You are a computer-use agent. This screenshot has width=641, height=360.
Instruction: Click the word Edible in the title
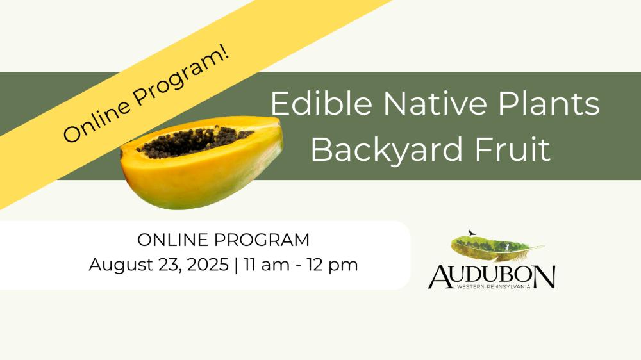(x=321, y=103)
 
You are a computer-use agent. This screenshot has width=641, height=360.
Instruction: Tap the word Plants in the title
(x=549, y=103)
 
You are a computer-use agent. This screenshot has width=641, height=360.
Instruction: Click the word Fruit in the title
(x=512, y=149)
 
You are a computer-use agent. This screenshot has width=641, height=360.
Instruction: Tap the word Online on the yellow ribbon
(x=97, y=120)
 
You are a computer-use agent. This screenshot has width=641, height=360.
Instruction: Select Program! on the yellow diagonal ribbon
(x=182, y=77)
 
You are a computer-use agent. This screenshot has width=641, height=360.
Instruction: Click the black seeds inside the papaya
(x=196, y=141)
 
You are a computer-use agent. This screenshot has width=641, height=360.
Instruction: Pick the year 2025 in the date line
(x=208, y=265)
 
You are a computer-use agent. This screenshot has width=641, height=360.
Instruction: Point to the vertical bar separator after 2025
(x=237, y=265)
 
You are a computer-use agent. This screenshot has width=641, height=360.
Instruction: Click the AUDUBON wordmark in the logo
(x=492, y=277)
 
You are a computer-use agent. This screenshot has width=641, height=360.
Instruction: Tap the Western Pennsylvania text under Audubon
(x=494, y=287)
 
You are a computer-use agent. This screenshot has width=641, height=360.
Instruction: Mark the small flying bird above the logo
(x=472, y=233)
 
